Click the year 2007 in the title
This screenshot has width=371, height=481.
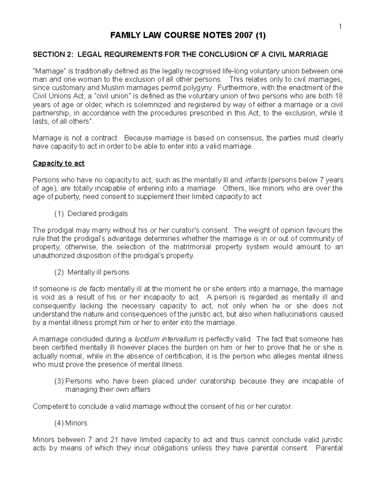coord(244,36)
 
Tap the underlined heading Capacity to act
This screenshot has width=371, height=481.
coord(58,163)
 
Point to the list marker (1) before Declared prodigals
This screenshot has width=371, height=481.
coord(59,213)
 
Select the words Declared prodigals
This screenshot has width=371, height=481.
coord(97,213)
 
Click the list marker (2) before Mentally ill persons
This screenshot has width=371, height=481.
coord(59,272)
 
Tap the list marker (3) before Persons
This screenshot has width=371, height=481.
coord(59,381)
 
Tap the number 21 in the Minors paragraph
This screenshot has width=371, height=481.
coord(126,439)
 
